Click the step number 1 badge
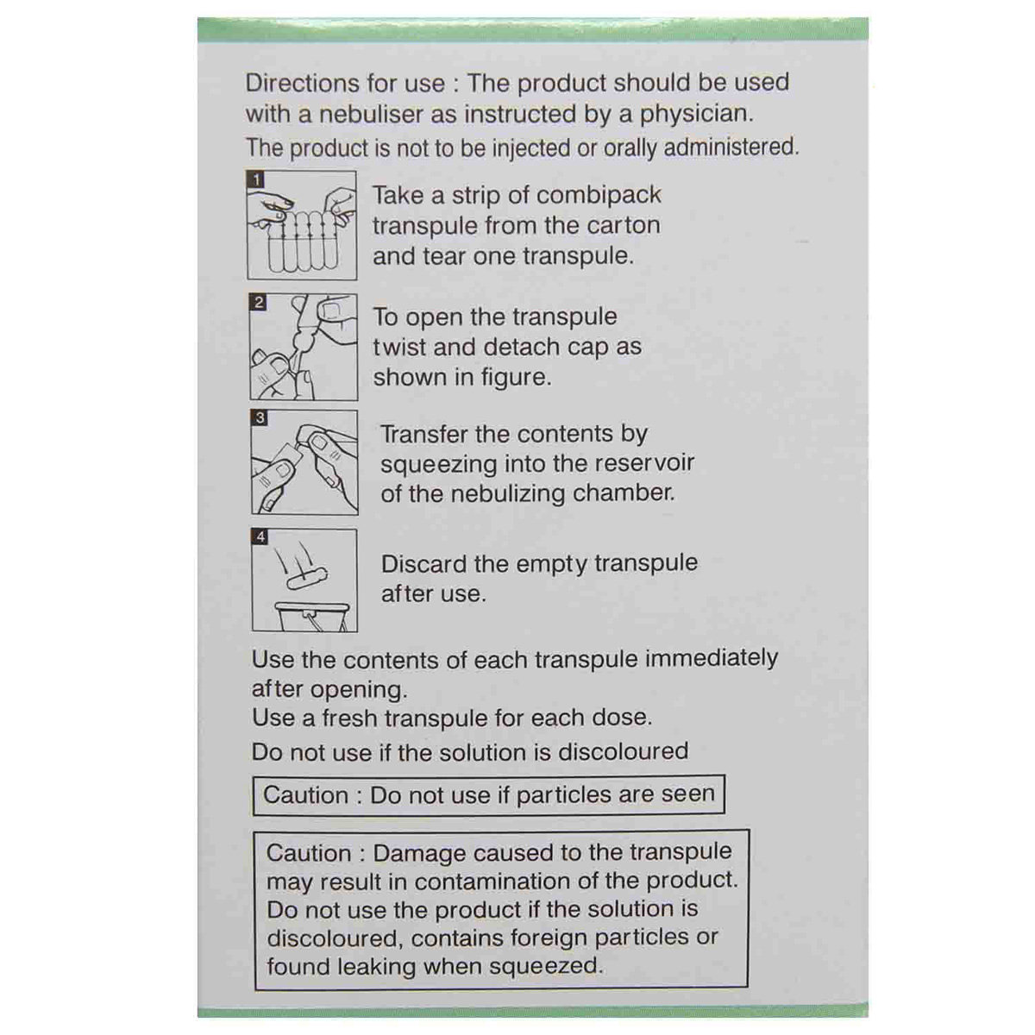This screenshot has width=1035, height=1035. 256,179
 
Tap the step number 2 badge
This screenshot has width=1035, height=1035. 258,303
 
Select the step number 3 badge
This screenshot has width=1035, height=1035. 260,418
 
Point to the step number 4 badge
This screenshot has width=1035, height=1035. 260,537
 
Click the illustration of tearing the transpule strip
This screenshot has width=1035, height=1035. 302,226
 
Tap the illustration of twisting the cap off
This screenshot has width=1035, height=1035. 304,348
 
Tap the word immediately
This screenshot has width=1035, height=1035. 712,659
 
